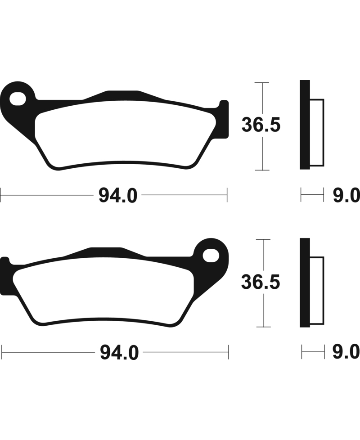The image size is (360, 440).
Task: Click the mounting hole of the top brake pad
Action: pos(18,99)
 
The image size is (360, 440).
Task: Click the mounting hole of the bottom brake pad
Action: pos(211,256)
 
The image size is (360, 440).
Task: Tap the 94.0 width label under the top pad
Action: pos(118,196)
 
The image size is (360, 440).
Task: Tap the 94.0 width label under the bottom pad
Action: pos(120,353)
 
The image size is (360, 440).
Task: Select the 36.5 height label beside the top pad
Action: pos(261,125)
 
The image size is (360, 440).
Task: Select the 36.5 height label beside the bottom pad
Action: pos(261,282)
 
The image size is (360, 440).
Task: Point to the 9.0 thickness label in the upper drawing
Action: pos(346,196)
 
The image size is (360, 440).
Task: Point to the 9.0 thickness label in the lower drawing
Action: pos(346,352)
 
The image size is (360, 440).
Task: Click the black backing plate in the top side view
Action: pos(305,125)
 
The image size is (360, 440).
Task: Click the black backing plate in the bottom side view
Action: pos(305,283)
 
